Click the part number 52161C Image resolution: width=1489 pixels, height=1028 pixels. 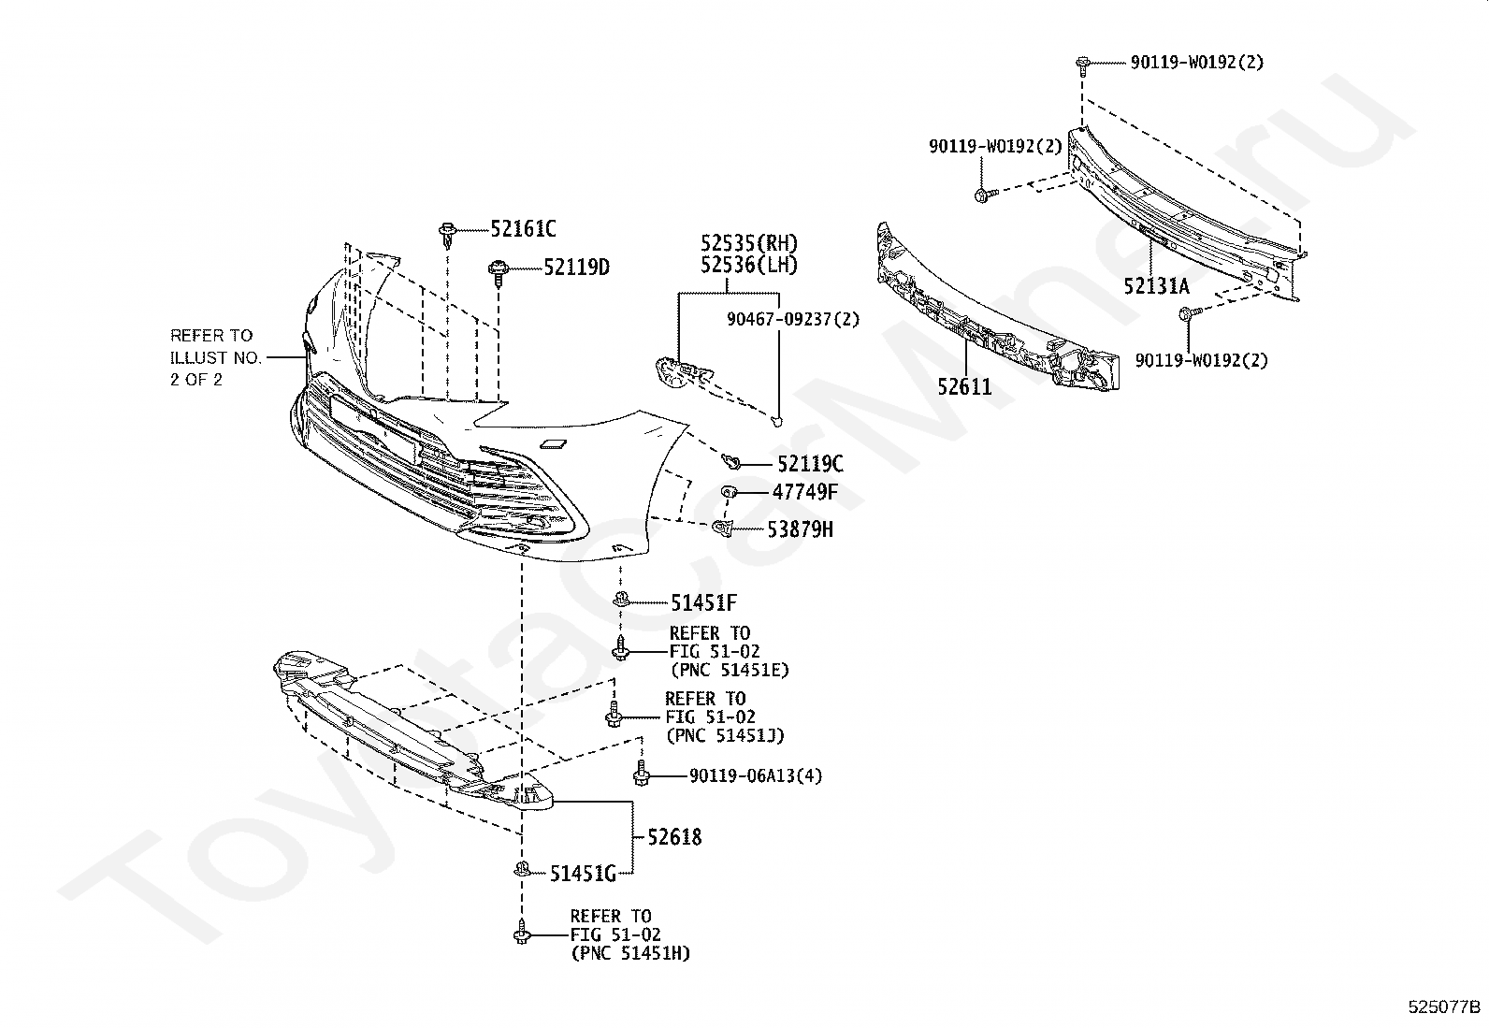click(x=523, y=229)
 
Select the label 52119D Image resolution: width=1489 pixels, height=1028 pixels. click(x=576, y=268)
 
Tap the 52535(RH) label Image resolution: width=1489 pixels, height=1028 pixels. click(x=749, y=243)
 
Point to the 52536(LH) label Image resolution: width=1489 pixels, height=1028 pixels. click(x=749, y=266)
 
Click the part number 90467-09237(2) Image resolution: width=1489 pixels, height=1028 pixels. click(x=793, y=319)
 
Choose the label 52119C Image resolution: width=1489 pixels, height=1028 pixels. click(x=810, y=464)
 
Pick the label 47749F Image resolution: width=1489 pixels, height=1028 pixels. click(x=804, y=492)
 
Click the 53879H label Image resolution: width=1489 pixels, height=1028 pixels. click(x=800, y=529)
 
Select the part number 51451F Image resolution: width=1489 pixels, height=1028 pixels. click(x=703, y=603)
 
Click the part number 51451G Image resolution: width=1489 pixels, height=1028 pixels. click(x=582, y=874)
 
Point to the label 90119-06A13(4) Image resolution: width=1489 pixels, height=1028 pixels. click(x=756, y=775)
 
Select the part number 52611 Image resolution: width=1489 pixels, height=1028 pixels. click(x=964, y=386)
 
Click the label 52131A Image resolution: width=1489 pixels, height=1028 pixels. click(x=1156, y=286)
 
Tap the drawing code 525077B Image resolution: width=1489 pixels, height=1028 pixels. click(x=1445, y=1007)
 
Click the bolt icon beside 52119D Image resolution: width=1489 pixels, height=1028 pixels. click(x=497, y=270)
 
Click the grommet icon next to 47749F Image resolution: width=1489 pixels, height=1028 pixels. click(x=730, y=492)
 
